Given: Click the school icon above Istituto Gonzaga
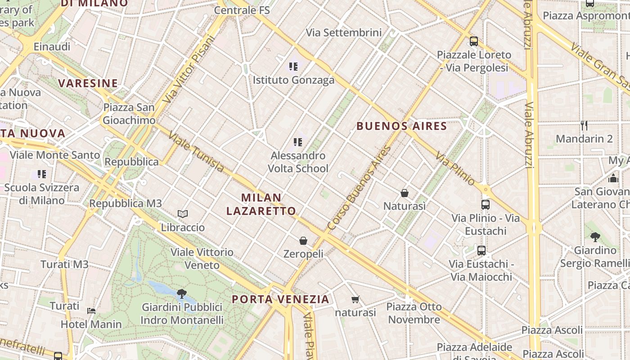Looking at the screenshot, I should coord(293,67).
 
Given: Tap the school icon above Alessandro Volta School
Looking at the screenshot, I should coord(297,142).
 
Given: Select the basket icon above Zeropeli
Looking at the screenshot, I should coord(303,241).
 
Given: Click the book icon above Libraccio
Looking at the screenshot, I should coord(182,214).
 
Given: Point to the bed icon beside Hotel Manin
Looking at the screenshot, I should coord(91,310).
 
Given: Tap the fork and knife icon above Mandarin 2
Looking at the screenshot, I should coord(584,125).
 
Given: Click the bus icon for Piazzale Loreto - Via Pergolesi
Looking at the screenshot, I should coord(473,41).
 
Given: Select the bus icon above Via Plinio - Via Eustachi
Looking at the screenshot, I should coord(485,205).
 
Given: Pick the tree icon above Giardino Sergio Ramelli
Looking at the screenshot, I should coord(595,237).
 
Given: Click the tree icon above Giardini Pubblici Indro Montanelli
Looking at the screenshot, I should coord(182,294).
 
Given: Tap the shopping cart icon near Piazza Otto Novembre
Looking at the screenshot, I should coord(355,299).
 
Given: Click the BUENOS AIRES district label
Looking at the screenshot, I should coord(401,126).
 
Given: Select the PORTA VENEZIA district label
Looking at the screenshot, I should coord(280,299).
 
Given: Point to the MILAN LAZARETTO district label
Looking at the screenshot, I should coord(261,204).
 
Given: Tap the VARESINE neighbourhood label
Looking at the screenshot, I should coord(88,83).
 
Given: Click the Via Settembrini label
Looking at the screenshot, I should coord(344,32).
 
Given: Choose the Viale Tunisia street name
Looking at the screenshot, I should coord(197,152).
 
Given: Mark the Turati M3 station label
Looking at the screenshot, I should coord(65,264).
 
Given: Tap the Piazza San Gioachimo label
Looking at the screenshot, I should coord(129,114).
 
